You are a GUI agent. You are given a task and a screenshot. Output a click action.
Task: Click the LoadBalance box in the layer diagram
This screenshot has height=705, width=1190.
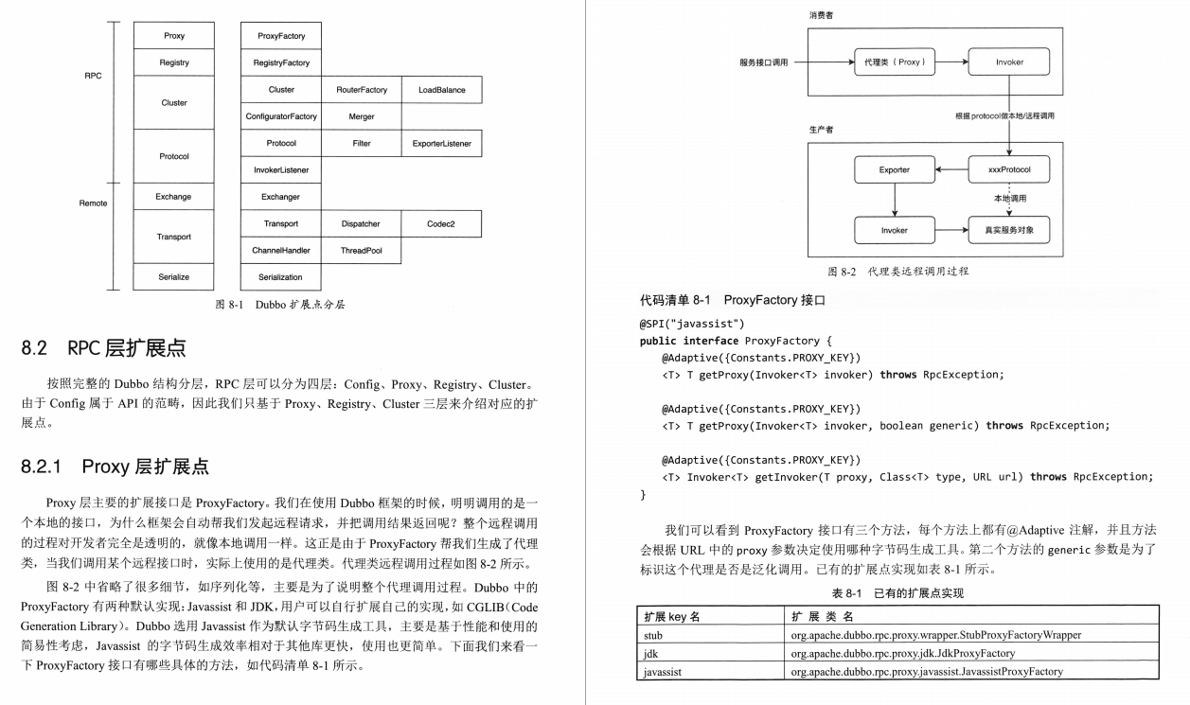(441, 90)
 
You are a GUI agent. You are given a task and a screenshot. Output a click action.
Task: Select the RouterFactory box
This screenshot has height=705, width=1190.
(362, 90)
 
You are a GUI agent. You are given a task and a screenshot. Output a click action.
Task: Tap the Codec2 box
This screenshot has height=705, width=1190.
(441, 224)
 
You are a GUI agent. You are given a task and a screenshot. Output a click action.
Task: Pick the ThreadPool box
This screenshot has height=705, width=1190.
(362, 251)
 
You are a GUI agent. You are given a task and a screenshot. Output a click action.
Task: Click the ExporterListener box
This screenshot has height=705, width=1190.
(441, 144)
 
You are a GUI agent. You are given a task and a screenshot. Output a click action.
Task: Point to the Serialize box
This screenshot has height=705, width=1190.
(174, 277)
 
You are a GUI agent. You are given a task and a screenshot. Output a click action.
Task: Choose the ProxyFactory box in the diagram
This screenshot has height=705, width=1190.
(281, 36)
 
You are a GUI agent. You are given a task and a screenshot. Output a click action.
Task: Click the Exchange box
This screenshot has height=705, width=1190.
(174, 197)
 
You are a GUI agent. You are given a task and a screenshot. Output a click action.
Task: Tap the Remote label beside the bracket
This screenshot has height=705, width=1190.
(93, 203)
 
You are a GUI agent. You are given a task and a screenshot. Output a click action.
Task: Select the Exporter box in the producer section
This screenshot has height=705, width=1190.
(894, 170)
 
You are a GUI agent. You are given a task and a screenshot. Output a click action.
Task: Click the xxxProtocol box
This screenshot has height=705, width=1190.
(1009, 170)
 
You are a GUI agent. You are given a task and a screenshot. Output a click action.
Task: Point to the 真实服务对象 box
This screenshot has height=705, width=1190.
(1009, 230)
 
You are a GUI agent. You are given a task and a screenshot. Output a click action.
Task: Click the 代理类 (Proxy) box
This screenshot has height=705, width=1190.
(894, 62)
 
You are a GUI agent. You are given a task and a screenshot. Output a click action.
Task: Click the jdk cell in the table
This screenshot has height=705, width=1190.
(651, 653)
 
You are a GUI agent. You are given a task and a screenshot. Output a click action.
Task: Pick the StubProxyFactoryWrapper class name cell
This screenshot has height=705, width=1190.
(935, 635)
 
